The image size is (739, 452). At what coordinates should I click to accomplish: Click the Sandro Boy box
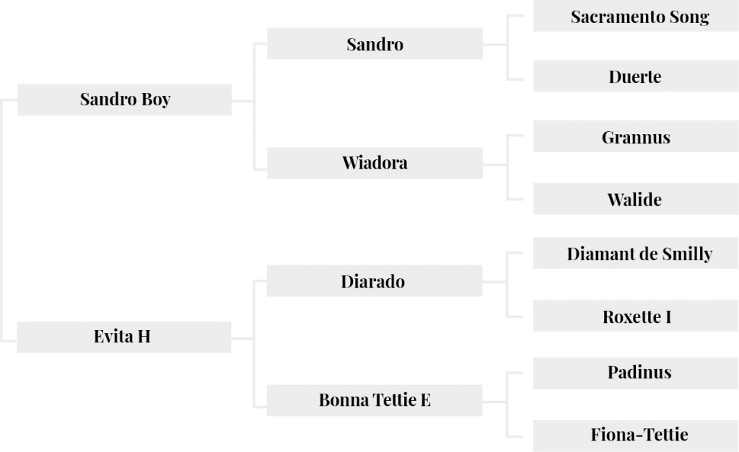pyautogui.click(x=124, y=99)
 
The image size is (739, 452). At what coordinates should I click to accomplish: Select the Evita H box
pyautogui.click(x=124, y=337)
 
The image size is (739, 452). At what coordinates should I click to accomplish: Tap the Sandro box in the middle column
pyautogui.click(x=375, y=44)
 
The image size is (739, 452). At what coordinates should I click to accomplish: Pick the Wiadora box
pyautogui.click(x=375, y=163)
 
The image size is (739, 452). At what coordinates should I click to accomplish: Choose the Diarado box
pyautogui.click(x=375, y=281)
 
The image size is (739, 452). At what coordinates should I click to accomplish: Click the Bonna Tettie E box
pyautogui.click(x=375, y=400)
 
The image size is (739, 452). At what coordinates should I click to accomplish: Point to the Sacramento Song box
pyautogui.click(x=637, y=16)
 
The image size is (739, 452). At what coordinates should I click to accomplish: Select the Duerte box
pyautogui.click(x=637, y=76)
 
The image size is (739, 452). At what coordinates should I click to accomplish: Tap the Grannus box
pyautogui.click(x=637, y=136)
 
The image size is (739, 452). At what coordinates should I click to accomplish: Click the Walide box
pyautogui.click(x=637, y=199)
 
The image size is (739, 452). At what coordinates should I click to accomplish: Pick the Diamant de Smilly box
pyautogui.click(x=636, y=253)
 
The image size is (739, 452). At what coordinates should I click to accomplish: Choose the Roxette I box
pyautogui.click(x=636, y=316)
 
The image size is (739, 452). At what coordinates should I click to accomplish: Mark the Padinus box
pyautogui.click(x=636, y=373)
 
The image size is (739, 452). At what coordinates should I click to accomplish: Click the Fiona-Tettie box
pyautogui.click(x=636, y=436)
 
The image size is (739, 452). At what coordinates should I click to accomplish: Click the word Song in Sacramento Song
pyautogui.click(x=688, y=18)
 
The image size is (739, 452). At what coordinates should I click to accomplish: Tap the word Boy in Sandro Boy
pyautogui.click(x=156, y=99)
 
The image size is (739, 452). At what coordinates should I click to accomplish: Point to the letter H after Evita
pyautogui.click(x=144, y=337)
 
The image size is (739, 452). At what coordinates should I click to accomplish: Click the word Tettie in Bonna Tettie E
pyautogui.click(x=395, y=400)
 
